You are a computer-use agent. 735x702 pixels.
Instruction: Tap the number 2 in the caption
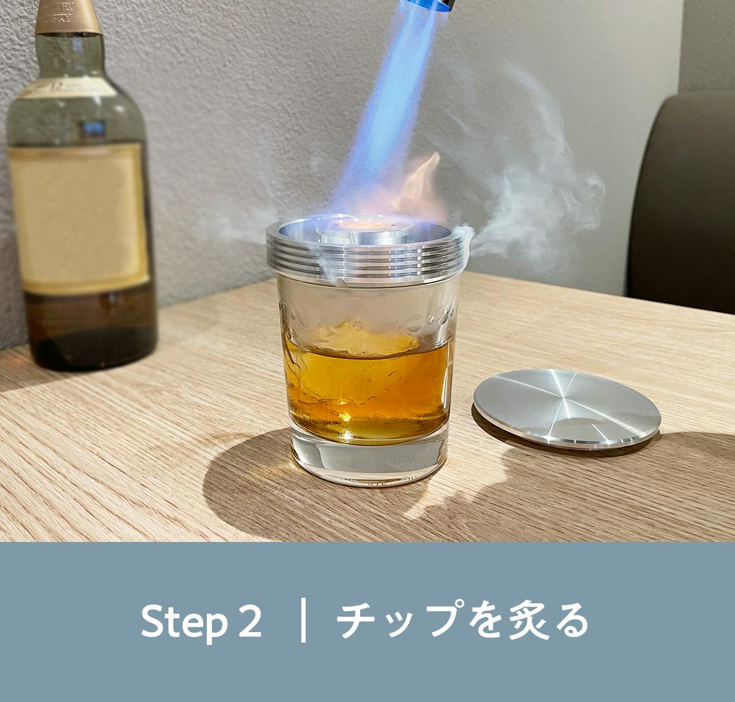[250, 620]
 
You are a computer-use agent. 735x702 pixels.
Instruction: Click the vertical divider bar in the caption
[303, 620]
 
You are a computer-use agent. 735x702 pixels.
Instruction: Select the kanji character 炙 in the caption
[518, 620]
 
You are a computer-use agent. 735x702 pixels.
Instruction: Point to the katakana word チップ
[398, 620]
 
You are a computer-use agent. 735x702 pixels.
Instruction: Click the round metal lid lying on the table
[567, 408]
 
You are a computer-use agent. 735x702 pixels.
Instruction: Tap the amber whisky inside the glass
[368, 393]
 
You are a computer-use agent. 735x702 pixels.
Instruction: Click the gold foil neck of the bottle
[68, 17]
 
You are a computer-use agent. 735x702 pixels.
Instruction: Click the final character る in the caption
[567, 620]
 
